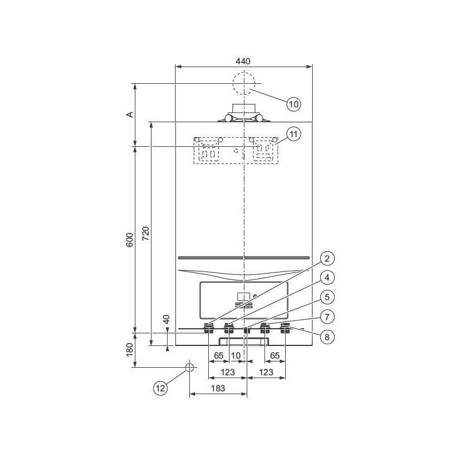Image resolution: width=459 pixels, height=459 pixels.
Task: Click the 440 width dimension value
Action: pyautogui.click(x=243, y=61)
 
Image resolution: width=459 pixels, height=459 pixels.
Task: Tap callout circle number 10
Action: pyautogui.click(x=294, y=104)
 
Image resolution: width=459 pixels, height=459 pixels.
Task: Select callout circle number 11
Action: pyautogui.click(x=294, y=134)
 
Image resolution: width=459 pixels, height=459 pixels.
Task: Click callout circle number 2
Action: pyautogui.click(x=327, y=259)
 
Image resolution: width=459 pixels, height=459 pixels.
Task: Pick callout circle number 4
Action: pyautogui.click(x=327, y=278)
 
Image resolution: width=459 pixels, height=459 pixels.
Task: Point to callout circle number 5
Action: pyautogui.click(x=327, y=297)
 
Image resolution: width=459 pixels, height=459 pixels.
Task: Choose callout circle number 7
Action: pyautogui.click(x=327, y=317)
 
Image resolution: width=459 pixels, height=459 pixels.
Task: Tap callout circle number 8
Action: pyautogui.click(x=327, y=337)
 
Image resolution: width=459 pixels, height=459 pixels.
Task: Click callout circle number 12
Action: pyautogui.click(x=161, y=388)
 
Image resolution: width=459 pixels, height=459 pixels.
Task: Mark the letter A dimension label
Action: pyautogui.click(x=130, y=114)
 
